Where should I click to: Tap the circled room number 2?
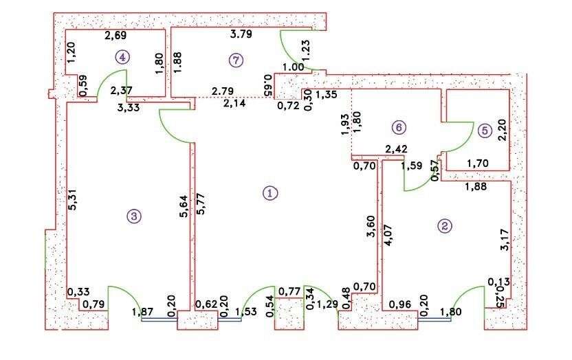(x=445, y=225)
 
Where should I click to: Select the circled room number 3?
(x=134, y=216)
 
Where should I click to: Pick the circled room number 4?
(x=122, y=57)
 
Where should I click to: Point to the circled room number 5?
(x=484, y=128)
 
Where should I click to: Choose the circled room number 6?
(x=397, y=126)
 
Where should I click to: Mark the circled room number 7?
(x=235, y=60)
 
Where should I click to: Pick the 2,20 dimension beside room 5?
(x=502, y=130)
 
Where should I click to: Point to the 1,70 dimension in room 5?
(x=477, y=164)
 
